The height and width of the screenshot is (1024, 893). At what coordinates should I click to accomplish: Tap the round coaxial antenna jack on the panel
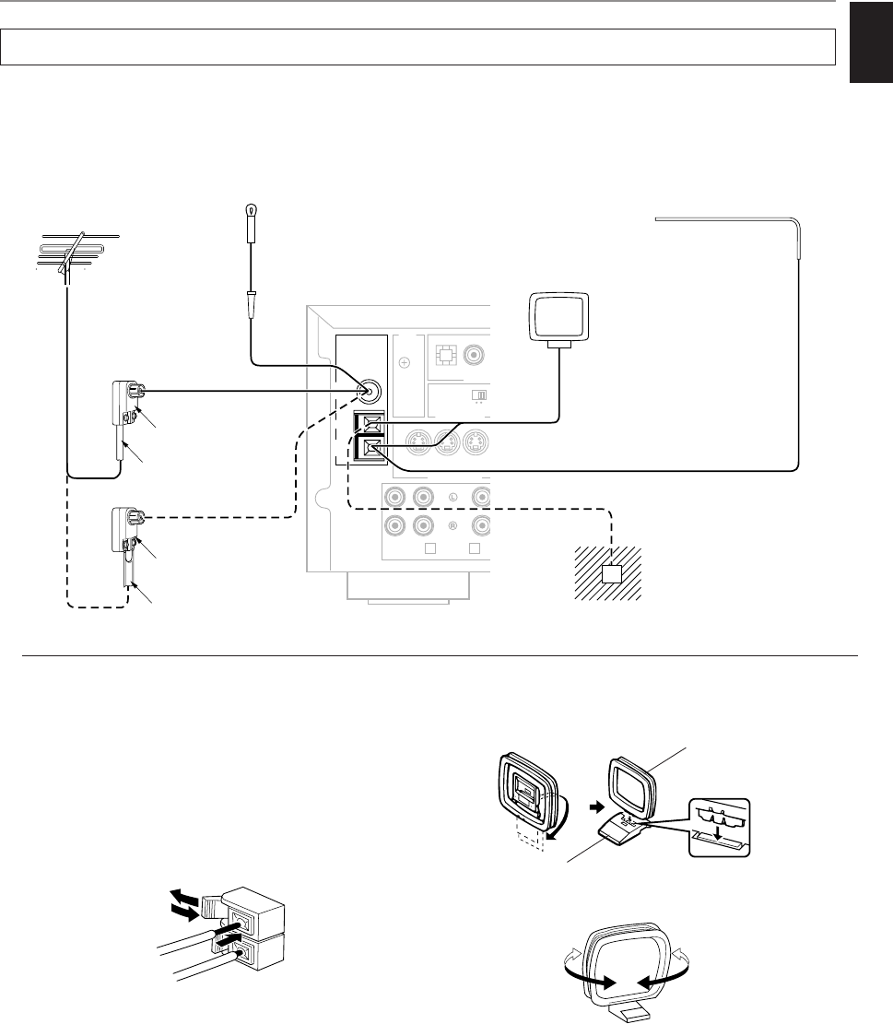point(368,392)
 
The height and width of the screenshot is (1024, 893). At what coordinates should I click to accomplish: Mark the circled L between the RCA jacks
point(453,498)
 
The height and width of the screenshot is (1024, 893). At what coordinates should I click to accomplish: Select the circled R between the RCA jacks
point(453,527)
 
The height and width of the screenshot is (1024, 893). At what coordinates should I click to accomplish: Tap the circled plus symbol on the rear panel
point(403,363)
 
